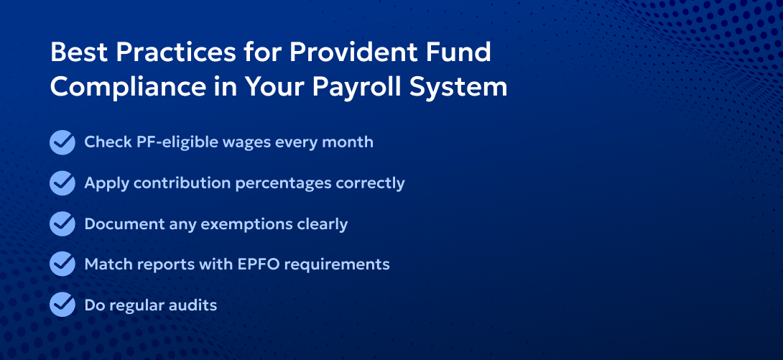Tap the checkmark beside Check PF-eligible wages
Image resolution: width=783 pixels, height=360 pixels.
coord(62,142)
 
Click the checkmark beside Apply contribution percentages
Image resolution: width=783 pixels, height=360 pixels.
coord(62,183)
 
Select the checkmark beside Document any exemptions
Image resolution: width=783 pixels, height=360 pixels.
coord(62,224)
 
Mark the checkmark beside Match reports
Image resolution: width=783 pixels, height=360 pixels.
coord(62,264)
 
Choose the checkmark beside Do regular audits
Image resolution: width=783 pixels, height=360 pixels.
coord(62,305)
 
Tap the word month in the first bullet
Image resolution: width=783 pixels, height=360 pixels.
coord(350,142)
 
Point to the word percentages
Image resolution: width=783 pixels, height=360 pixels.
coord(284,183)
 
